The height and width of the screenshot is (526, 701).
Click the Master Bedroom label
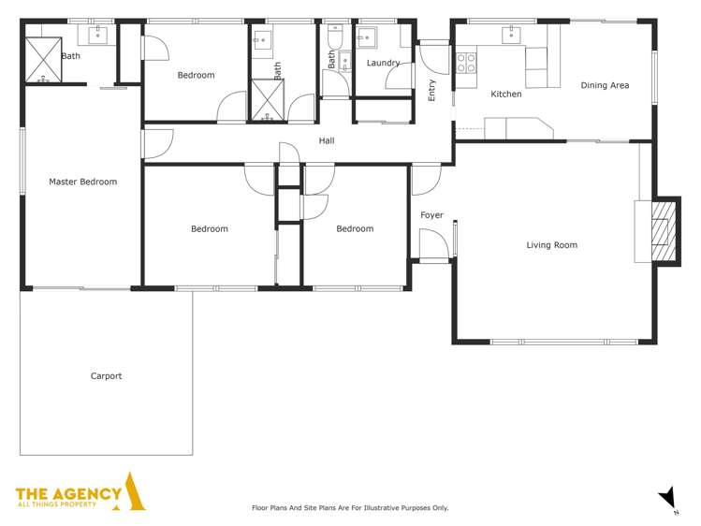click(x=82, y=182)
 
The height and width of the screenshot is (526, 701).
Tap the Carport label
click(x=106, y=376)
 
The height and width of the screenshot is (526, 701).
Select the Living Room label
click(x=551, y=245)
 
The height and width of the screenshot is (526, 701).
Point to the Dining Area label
click(x=605, y=85)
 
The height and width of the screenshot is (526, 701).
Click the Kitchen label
click(x=506, y=94)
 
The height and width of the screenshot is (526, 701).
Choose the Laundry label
click(x=383, y=63)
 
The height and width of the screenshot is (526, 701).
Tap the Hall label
click(x=327, y=141)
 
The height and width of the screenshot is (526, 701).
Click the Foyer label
click(x=431, y=215)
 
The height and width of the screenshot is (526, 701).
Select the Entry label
click(x=431, y=91)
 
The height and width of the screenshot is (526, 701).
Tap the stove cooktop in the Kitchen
click(x=465, y=63)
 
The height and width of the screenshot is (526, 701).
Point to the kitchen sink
click(x=510, y=36)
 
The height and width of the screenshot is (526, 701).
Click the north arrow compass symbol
click(x=666, y=496)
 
